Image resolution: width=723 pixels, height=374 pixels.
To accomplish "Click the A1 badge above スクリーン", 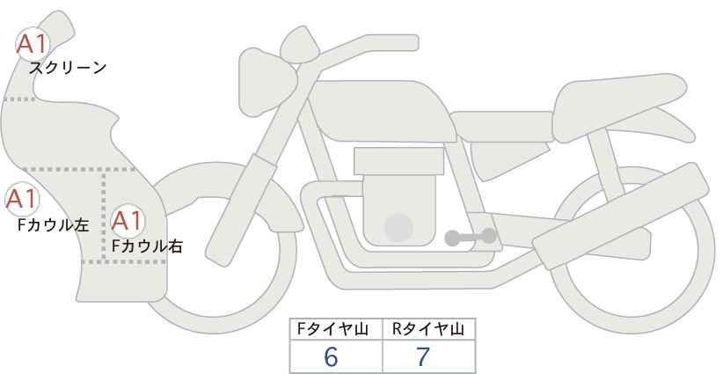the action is [33, 44].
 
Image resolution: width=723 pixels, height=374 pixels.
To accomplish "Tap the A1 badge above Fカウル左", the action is [22, 200].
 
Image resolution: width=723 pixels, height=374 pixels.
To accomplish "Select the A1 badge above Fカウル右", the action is [128, 221].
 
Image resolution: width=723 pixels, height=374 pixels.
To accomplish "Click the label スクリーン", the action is [68, 69].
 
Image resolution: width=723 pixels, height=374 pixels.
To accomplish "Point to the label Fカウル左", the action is [53, 225].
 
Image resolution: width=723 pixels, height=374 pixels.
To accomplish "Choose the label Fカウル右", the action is [147, 246].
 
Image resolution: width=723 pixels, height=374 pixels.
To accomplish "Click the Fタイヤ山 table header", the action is [332, 329].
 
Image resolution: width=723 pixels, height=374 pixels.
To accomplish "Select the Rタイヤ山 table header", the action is [428, 329].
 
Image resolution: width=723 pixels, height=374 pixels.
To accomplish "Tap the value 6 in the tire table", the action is [331, 357].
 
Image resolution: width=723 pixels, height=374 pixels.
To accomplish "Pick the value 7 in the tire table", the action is [423, 357].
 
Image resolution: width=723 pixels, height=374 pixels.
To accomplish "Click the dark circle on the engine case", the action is [398, 227].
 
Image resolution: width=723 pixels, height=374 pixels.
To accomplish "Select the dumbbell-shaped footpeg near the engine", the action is [471, 237].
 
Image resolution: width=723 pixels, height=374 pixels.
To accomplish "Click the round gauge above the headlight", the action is [300, 44].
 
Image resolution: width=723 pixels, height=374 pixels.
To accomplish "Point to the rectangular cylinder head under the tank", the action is [398, 161].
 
